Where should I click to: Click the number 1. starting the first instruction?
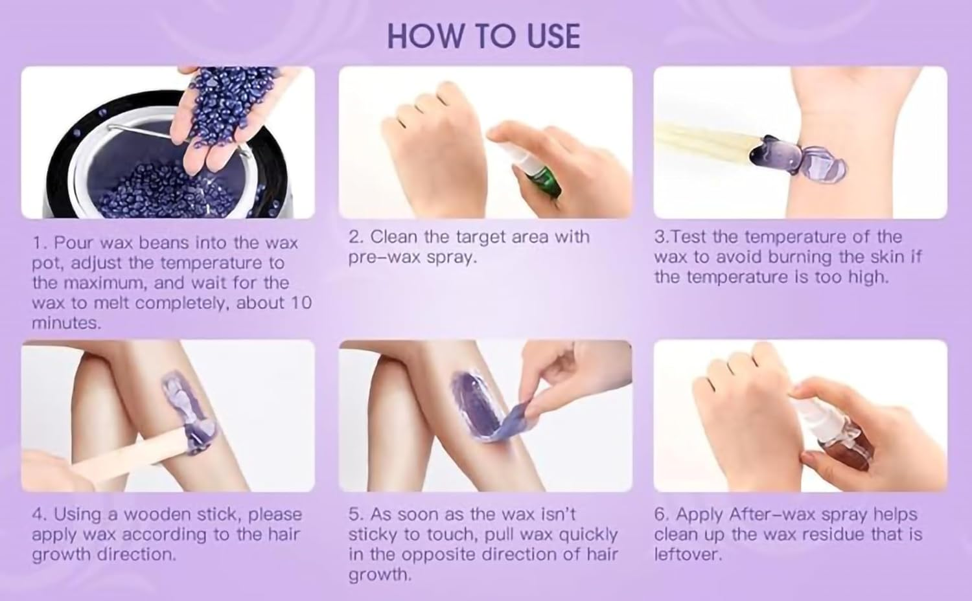[x=40, y=244]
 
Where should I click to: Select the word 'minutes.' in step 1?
[x=66, y=323]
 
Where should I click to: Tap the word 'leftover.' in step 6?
[x=687, y=555]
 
